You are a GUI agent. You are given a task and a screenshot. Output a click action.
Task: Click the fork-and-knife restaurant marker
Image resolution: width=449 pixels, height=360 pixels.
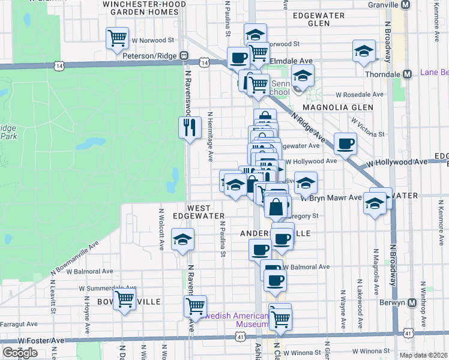(190, 127)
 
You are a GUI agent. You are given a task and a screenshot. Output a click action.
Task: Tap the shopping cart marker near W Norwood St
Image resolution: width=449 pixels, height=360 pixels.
(118, 38)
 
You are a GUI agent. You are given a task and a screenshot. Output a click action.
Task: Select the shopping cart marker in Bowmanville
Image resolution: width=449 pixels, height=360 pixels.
(124, 298)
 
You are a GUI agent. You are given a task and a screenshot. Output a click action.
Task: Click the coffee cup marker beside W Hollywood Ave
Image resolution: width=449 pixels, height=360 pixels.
(346, 143)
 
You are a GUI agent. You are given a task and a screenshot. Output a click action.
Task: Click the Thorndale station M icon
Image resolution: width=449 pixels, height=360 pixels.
(408, 74)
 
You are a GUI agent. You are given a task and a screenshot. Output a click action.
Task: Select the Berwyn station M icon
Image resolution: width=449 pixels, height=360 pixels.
(412, 303)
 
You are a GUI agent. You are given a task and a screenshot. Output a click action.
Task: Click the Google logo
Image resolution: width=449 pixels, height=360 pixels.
(19, 353)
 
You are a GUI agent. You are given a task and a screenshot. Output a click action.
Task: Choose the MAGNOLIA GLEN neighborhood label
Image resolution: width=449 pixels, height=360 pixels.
(338, 107)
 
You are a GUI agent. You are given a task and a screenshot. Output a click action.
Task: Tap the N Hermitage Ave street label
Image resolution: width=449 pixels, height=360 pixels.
(211, 136)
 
